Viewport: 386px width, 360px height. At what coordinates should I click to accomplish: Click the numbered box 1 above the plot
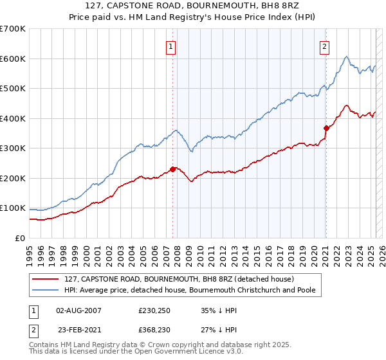[171, 46]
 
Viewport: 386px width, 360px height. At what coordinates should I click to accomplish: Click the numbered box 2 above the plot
[325, 46]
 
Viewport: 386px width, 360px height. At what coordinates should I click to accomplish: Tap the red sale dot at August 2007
[172, 169]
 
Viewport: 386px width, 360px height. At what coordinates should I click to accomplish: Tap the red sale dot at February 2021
[326, 128]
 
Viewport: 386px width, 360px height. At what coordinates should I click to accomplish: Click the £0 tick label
[20, 238]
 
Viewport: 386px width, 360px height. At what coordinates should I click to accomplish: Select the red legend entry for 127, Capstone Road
[179, 279]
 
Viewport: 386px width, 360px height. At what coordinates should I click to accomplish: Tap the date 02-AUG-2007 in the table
[79, 310]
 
